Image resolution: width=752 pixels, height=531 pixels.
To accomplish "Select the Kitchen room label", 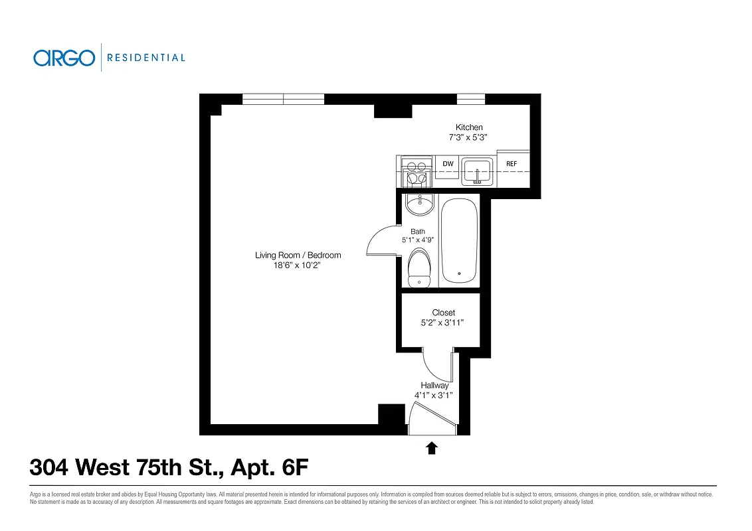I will (x=469, y=127).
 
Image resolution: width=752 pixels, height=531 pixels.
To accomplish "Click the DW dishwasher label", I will (x=448, y=164).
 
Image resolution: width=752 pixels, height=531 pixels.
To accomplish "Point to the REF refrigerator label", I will (x=512, y=164).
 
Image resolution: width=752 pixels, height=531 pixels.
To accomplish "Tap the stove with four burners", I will (x=416, y=173).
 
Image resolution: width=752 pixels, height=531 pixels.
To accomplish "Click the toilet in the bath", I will (x=419, y=267).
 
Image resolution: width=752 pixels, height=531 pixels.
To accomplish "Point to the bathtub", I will (x=459, y=240).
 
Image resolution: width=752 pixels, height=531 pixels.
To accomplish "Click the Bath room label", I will (x=418, y=232).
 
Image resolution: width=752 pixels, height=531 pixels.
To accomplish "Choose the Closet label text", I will (x=443, y=313).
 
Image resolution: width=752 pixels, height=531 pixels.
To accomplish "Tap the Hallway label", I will (x=434, y=386).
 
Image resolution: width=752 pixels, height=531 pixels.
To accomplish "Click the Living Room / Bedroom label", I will (x=298, y=255).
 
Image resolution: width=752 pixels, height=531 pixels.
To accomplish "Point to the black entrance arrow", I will (x=432, y=448).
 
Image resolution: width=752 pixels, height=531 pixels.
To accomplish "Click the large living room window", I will (x=283, y=99).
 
